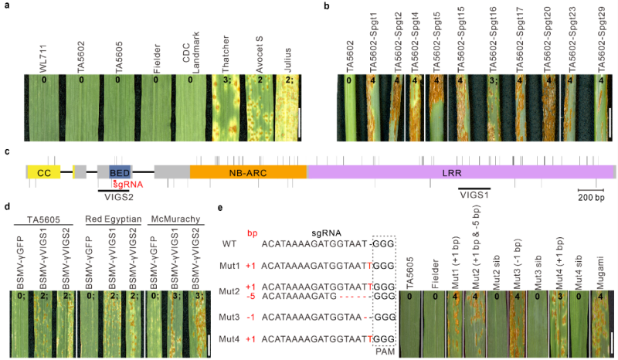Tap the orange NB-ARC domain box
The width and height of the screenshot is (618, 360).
[246, 172]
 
